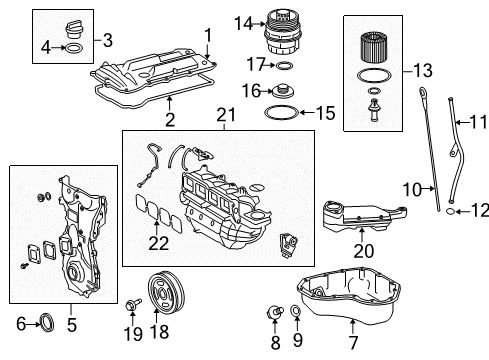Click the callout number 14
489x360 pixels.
coord(243,21)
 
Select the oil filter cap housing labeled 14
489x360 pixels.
coord(284,35)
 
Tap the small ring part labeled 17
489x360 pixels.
coord(284,66)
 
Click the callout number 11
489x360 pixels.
coord(479,151)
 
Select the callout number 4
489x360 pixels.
coord(45,46)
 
